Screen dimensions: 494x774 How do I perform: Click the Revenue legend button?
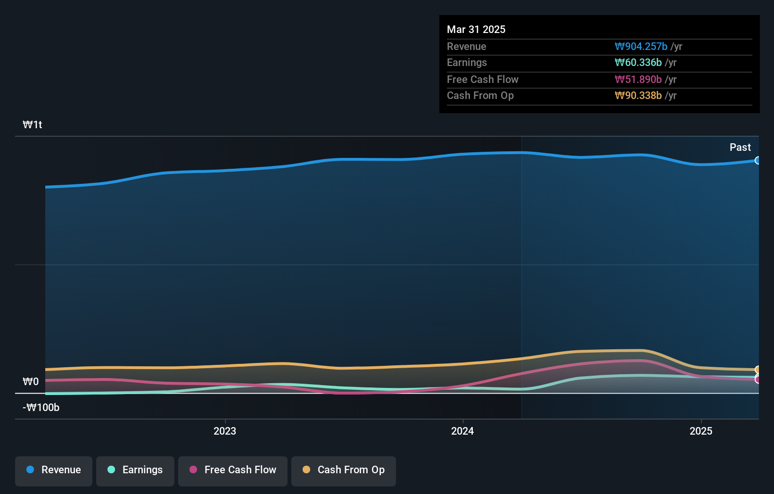pos(54,470)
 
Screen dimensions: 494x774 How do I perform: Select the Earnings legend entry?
pos(135,470)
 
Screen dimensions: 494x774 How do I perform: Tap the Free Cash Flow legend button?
pos(233,470)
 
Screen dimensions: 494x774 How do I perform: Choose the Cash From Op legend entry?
pos(344,470)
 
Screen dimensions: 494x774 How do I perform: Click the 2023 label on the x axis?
pos(225,431)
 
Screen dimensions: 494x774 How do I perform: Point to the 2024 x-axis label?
pos(462,431)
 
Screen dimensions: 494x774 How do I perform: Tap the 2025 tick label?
pos(701,431)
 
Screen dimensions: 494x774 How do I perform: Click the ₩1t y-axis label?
pos(33,125)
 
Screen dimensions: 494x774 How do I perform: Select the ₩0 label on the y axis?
pos(31,381)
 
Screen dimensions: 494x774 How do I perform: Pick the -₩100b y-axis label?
pos(41,408)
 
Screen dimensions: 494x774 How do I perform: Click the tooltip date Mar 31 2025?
pos(476,29)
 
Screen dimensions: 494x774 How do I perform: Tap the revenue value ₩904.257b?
pos(641,46)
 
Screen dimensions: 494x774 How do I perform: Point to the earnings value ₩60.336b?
pos(638,63)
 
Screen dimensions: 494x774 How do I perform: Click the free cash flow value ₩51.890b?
pos(638,79)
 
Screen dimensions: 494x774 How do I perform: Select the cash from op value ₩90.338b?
pos(638,96)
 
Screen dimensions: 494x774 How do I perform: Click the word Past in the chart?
pos(740,147)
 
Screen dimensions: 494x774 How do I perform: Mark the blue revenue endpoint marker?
pos(758,160)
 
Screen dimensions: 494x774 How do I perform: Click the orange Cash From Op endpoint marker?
pos(758,370)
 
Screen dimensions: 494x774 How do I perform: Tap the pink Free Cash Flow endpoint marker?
pos(758,379)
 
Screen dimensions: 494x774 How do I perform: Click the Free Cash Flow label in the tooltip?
pos(483,79)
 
